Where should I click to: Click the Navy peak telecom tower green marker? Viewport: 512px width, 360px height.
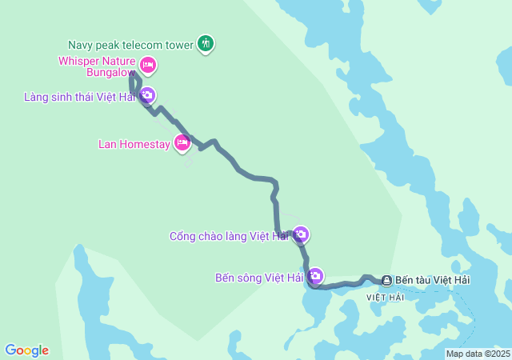pos(206,44)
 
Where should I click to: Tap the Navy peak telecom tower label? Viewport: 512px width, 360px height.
pos(131,45)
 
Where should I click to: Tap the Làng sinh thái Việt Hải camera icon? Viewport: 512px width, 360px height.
pos(147,95)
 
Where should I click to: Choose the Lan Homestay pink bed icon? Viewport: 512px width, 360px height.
pos(182,142)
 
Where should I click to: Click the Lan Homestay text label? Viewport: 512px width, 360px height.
pos(134,144)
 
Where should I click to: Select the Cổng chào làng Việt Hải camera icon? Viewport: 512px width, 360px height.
pos(300,234)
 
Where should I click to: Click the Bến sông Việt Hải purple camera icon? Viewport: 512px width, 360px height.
pos(315,276)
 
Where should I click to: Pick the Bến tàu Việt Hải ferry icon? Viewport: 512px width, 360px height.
pos(386,280)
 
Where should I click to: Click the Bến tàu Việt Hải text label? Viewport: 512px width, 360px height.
pos(433,280)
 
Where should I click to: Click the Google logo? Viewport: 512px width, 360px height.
pos(26,350)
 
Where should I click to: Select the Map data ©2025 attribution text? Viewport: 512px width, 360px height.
pos(478,354)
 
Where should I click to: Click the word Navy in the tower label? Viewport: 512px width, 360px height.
pos(82,45)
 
